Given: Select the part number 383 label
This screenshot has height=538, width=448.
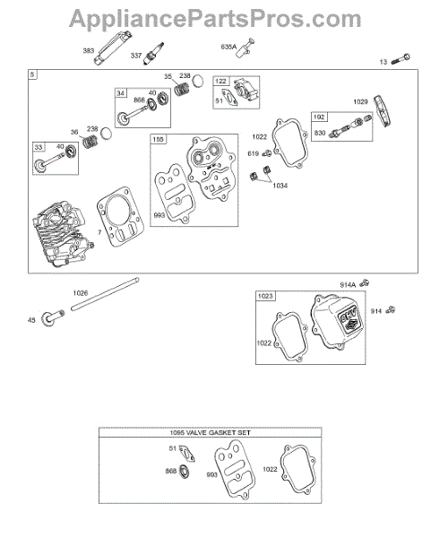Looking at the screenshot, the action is (x=89, y=51).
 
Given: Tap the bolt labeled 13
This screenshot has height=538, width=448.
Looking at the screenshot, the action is (x=401, y=59).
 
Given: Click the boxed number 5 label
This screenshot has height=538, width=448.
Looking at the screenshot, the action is (x=32, y=74).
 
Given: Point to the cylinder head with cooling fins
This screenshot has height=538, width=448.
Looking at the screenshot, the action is (x=63, y=233).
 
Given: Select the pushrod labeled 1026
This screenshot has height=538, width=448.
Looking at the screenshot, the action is (x=105, y=295).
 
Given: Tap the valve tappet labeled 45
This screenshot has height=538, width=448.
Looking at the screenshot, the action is (x=52, y=317).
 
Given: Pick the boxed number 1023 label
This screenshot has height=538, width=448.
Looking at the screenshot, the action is (x=265, y=296).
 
